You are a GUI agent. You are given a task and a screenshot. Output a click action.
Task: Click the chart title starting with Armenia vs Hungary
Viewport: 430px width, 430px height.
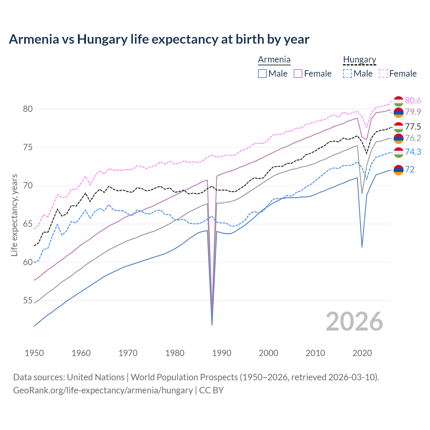coord(159,39)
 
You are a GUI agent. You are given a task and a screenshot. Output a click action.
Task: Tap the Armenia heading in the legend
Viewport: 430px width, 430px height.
coord(274,59)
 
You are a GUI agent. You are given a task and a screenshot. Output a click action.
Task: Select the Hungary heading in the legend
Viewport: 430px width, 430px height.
coord(359,59)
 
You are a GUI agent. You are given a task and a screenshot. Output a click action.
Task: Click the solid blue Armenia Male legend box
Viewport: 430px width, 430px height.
coord(262,74)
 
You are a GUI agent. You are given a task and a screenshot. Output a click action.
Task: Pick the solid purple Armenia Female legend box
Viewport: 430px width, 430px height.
coord(298,74)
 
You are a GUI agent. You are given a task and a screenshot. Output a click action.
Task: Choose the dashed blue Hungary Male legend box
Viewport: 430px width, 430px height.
coord(347,74)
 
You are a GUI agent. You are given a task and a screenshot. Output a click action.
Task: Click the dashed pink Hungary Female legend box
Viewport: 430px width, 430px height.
coord(383,74)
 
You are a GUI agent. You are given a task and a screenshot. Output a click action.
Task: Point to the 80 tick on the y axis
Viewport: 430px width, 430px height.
coord(28,109)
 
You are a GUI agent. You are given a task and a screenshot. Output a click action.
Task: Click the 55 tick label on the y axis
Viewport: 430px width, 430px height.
coord(28,300)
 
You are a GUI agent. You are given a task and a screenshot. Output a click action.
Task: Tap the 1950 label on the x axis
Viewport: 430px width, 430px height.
coord(34,353)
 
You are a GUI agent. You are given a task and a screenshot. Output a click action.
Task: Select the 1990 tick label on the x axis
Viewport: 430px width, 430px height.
coord(222,353)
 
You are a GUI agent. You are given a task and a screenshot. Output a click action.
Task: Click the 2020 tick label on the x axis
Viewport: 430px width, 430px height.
coord(362,353)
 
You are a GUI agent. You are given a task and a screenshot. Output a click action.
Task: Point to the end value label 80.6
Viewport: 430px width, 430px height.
coord(413,100)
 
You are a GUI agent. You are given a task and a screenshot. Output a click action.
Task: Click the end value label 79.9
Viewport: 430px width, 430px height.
coord(413,112)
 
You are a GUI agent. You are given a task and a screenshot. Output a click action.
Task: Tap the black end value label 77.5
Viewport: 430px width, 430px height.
coord(413,127)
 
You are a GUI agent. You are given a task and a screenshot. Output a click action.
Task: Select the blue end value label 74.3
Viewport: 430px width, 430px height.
coord(413,152)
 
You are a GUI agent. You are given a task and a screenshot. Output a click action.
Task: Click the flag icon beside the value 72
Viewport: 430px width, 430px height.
coord(398,170)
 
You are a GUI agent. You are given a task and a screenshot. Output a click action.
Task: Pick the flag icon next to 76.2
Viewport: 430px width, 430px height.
coord(398,138)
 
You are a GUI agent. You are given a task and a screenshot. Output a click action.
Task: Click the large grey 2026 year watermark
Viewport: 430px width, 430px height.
coord(354,321)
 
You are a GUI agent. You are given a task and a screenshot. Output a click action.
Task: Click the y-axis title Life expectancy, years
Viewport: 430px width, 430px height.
coord(14,215)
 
